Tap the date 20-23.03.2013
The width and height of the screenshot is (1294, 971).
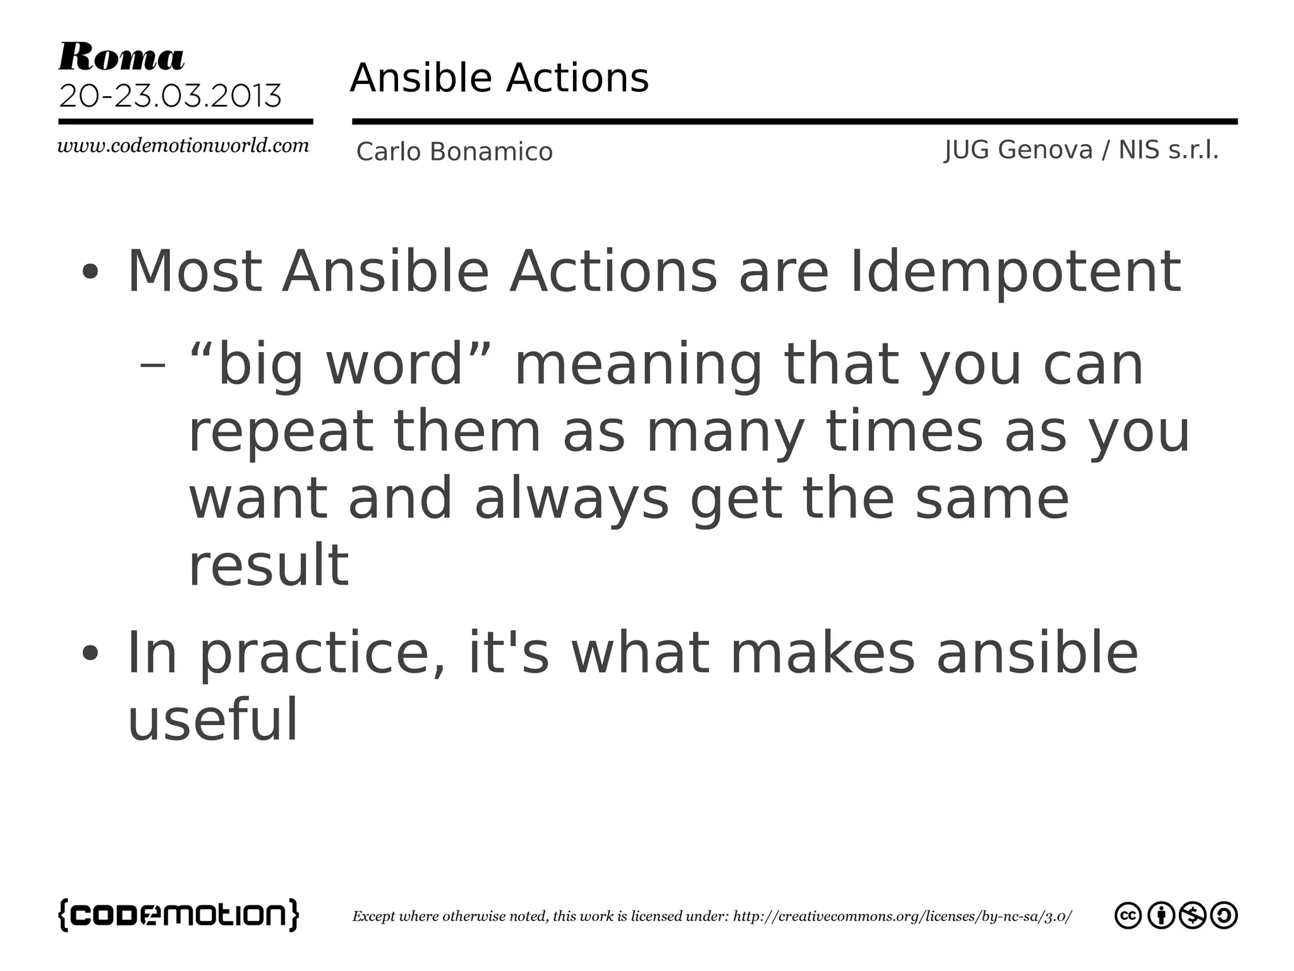coord(170,96)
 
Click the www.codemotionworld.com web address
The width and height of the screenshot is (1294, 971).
coord(183,146)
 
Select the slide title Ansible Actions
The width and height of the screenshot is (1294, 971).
coord(499,78)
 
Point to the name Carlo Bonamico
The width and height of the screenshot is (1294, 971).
coord(454,152)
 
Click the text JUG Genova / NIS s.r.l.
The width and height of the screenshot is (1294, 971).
coord(1081,150)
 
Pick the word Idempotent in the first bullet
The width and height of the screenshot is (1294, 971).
coord(1015,272)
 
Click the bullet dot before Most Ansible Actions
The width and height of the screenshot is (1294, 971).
coord(90,272)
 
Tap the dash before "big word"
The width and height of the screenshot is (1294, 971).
coord(152,365)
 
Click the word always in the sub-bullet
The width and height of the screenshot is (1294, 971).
coord(571,499)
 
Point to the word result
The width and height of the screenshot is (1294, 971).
coord(269,565)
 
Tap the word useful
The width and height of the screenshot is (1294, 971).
coord(212,721)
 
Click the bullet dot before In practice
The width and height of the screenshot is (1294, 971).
coord(90,654)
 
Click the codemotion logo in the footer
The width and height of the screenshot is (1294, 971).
coord(179,915)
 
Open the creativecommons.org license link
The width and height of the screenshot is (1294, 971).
coord(902,916)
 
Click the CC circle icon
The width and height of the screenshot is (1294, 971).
coord(1128,915)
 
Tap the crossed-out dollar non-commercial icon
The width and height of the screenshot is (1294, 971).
coord(1192,915)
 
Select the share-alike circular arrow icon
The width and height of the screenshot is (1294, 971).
coord(1224,915)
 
